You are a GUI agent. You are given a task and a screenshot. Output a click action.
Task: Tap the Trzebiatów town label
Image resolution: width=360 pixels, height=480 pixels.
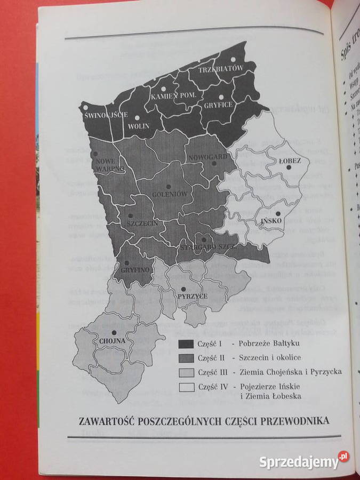pyautogui.click(x=221, y=69)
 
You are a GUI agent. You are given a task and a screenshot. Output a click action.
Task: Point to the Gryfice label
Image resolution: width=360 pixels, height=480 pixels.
pyautogui.click(x=218, y=105)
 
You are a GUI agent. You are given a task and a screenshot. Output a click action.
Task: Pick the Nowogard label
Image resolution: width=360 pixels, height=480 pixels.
pyautogui.click(x=208, y=157)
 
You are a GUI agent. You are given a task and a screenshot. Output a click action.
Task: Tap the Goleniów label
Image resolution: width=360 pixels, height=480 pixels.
pyautogui.click(x=170, y=194)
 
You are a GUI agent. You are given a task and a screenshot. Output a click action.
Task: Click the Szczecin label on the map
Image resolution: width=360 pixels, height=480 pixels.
pyautogui.click(x=142, y=223)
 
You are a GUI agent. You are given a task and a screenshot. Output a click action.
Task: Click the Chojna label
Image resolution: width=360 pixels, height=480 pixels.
pyautogui.click(x=112, y=340)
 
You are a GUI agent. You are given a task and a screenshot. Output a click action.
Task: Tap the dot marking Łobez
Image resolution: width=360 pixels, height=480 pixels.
pyautogui.click(x=288, y=167)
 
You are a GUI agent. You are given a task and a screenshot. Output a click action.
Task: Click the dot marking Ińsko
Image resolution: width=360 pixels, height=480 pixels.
pyautogui.click(x=278, y=213)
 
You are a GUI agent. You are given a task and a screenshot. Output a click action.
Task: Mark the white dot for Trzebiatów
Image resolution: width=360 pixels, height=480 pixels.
pyautogui.click(x=233, y=60)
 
